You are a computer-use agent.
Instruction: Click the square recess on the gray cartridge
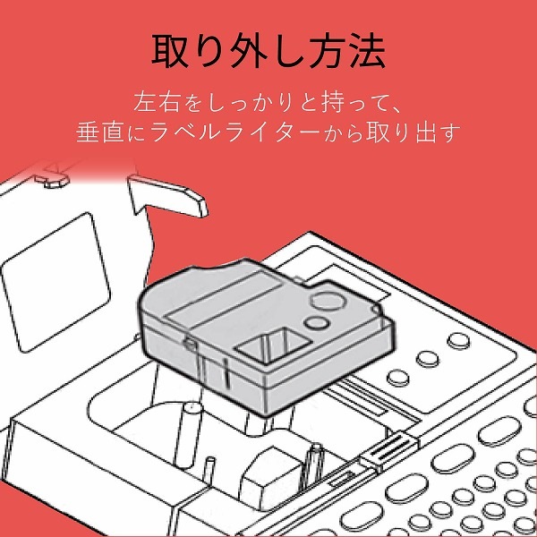[268, 345]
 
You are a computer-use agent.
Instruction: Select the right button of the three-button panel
[458, 340]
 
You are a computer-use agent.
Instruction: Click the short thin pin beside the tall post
[209, 469]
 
